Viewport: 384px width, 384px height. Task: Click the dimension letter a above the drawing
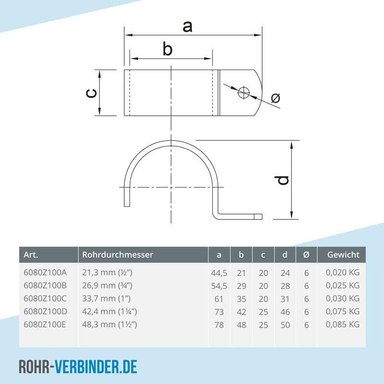[187, 27]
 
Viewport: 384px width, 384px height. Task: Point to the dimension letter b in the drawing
[168, 49]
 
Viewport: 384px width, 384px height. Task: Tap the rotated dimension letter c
[92, 93]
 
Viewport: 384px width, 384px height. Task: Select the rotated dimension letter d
[282, 180]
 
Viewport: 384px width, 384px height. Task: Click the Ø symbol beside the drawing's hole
[276, 98]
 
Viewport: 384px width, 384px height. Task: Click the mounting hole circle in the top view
[244, 92]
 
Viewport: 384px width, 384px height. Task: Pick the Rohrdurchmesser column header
[118, 255]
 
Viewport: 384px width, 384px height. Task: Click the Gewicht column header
[343, 255]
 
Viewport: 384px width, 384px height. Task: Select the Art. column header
[31, 255]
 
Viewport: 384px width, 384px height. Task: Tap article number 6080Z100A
[45, 273]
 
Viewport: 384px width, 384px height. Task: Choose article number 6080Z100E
[45, 324]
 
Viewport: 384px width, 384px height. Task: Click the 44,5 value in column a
[219, 273]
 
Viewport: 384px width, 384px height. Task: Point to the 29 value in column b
[241, 286]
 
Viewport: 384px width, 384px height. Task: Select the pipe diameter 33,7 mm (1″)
[106, 299]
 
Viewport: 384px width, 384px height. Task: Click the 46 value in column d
[285, 312]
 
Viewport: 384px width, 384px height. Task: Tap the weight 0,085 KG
[343, 324]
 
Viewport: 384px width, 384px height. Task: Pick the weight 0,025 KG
[343, 286]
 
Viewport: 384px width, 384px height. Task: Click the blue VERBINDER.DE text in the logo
[96, 367]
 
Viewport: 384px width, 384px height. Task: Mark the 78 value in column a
[219, 325]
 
